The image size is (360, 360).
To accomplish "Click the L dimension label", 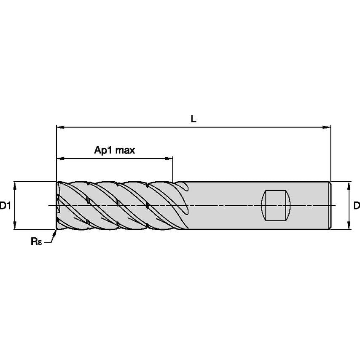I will (193, 119).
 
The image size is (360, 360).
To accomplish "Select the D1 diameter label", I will (5, 206).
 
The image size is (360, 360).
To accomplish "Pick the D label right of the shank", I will (356, 206).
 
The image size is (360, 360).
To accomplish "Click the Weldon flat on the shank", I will (277, 205).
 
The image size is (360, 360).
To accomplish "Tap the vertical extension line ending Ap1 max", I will (172, 169).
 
